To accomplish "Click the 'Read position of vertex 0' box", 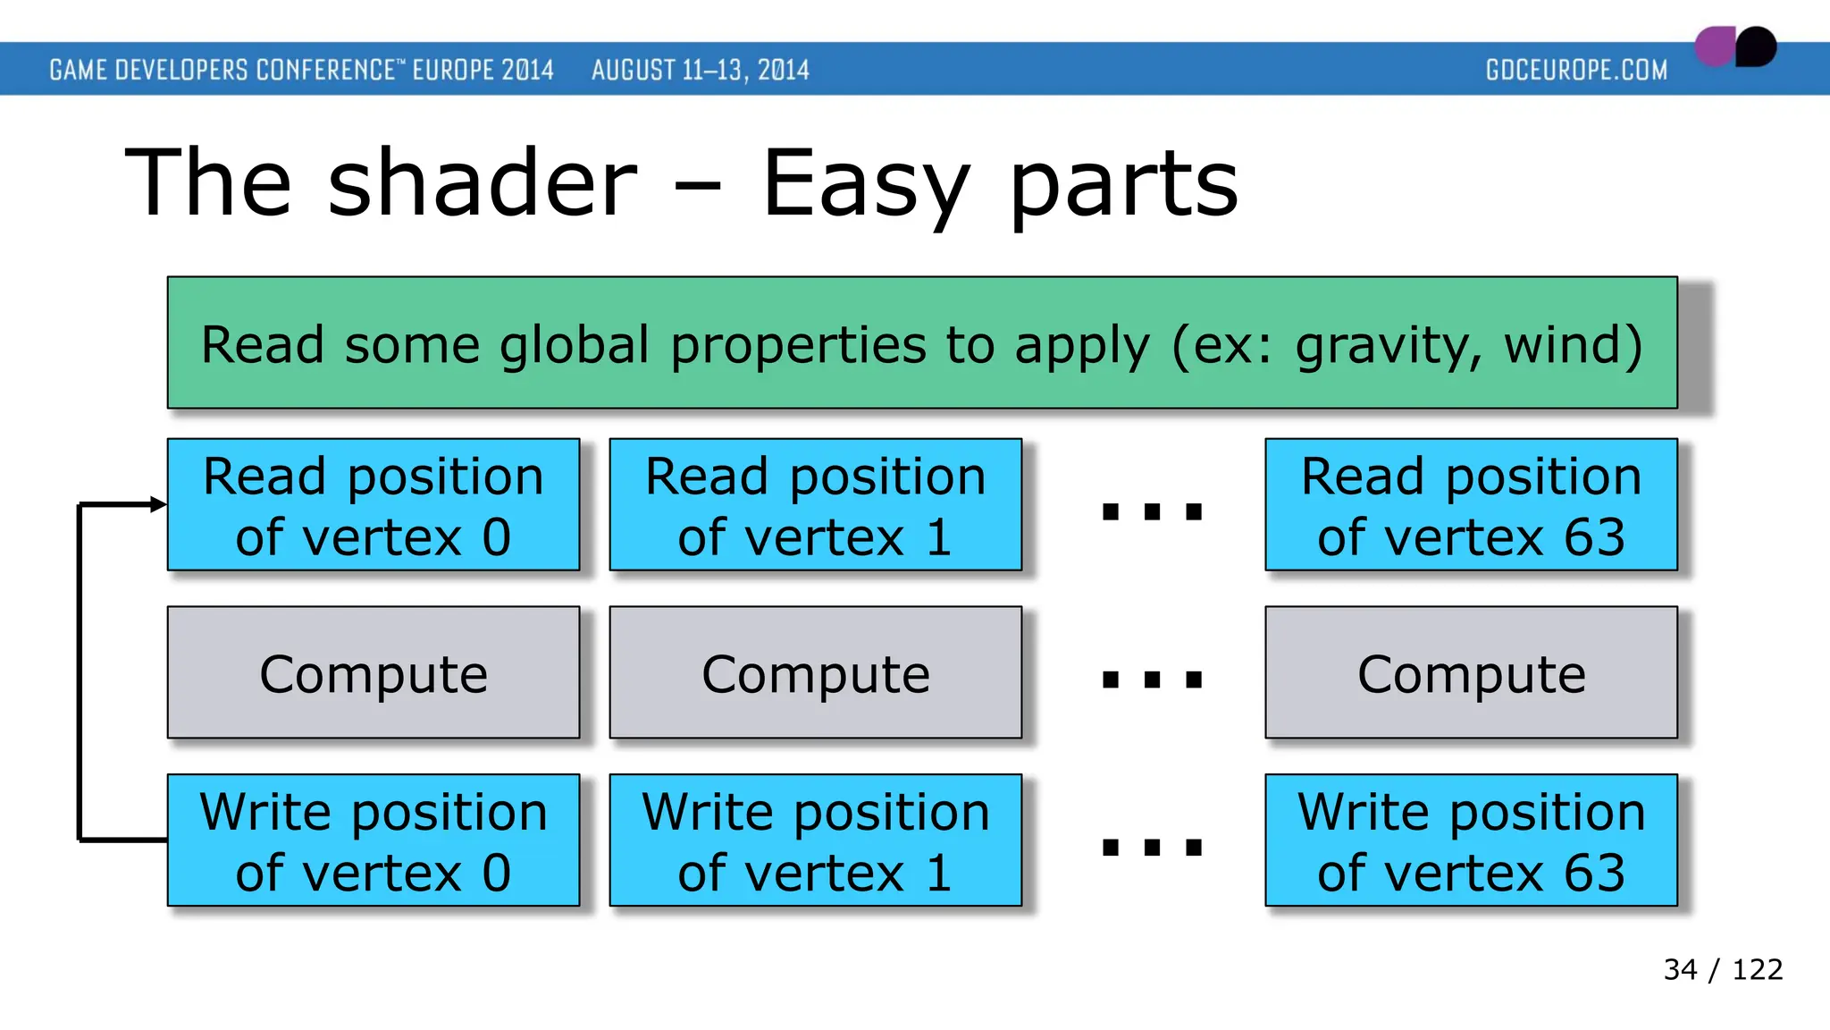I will click(x=374, y=505).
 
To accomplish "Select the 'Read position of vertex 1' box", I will click(x=815, y=505).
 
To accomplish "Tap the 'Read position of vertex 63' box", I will click(x=1471, y=505).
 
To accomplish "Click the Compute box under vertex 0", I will click(x=374, y=673).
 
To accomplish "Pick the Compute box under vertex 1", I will click(x=815, y=673).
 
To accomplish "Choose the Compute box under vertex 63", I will click(x=1471, y=673).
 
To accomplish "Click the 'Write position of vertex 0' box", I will click(x=374, y=840).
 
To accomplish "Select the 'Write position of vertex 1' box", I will click(x=815, y=840).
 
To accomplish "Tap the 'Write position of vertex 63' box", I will click(x=1471, y=840).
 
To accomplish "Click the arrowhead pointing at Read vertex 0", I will click(x=159, y=505).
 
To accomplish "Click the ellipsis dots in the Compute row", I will click(x=1152, y=680).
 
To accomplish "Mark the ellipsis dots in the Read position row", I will click(x=1152, y=511).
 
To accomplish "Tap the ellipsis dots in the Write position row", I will click(x=1152, y=847).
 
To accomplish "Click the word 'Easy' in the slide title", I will click(x=865, y=186).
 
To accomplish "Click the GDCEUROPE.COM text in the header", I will click(x=1576, y=70).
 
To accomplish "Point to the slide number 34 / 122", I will click(x=1723, y=969).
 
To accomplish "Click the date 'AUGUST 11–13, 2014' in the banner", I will click(x=700, y=70).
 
